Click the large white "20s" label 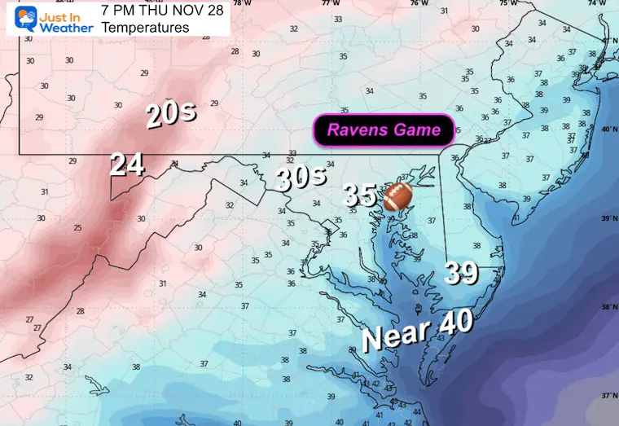click(171, 115)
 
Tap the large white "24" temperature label click(128, 165)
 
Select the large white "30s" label click(301, 178)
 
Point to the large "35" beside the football click(359, 195)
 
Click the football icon click(397, 195)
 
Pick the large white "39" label click(462, 273)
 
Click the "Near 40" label click(417, 330)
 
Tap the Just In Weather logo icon click(15, 18)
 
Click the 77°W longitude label click(329, 3)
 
